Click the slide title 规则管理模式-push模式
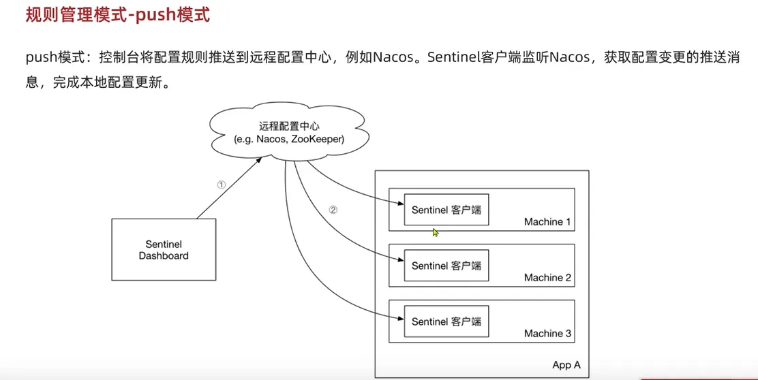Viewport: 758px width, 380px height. tap(117, 16)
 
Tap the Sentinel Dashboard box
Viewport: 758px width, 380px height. tap(164, 250)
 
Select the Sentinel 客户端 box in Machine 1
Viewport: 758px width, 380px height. tap(446, 210)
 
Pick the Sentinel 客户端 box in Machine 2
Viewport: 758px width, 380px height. tap(446, 266)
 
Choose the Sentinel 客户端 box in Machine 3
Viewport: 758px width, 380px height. tap(446, 321)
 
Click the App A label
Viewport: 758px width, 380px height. tap(566, 365)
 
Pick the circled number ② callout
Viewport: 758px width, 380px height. tap(333, 210)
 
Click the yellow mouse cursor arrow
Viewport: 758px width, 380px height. tap(435, 232)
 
